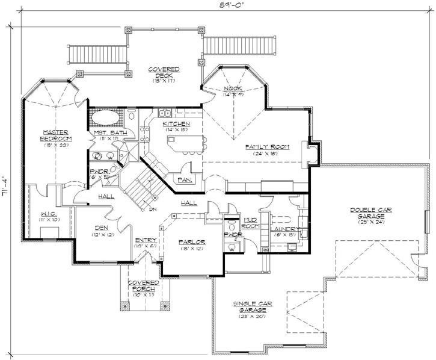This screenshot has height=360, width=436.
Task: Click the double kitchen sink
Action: click(164, 113)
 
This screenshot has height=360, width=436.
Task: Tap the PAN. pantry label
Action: click(183, 179)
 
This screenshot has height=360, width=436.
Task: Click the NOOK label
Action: click(233, 90)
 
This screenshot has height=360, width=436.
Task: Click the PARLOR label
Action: click(192, 242)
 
